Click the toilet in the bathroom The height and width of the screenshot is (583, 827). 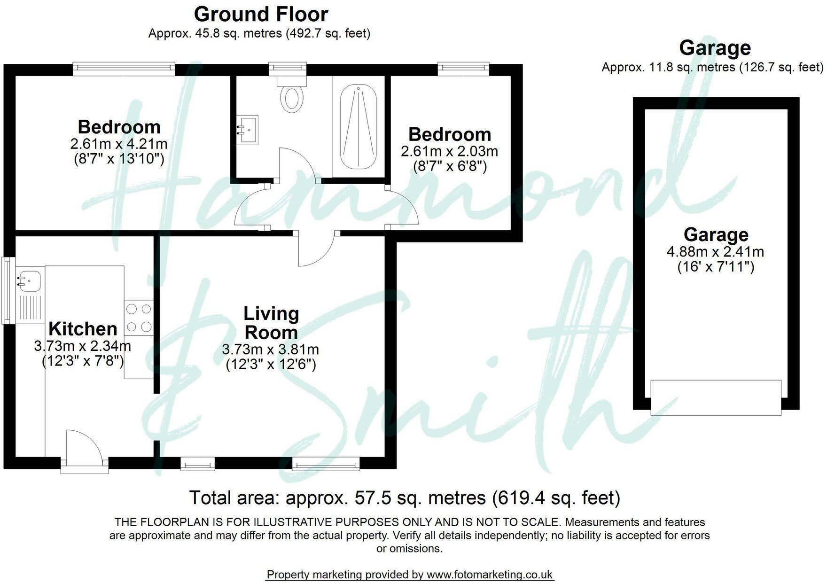coord(292,96)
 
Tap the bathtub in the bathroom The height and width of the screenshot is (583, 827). coord(359,127)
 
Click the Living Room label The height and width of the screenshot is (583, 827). coord(271,323)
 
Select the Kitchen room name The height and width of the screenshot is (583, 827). coord(83,328)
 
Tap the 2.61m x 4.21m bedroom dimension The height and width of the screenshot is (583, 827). coord(118,144)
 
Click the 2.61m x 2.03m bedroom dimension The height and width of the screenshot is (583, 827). coord(449,151)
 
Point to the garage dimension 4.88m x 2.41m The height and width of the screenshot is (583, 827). coord(715,252)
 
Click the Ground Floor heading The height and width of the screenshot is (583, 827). coord(261,14)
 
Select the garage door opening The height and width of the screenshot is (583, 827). coord(716,398)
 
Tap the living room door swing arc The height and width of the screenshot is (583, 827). coord(316,249)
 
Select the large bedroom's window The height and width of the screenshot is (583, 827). coord(124,69)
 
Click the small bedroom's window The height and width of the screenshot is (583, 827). coord(463,69)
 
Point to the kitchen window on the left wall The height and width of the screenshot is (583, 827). coord(8,290)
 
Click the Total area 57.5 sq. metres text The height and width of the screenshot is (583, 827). coord(404,497)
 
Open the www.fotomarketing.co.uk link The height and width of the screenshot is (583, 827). coord(490,574)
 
